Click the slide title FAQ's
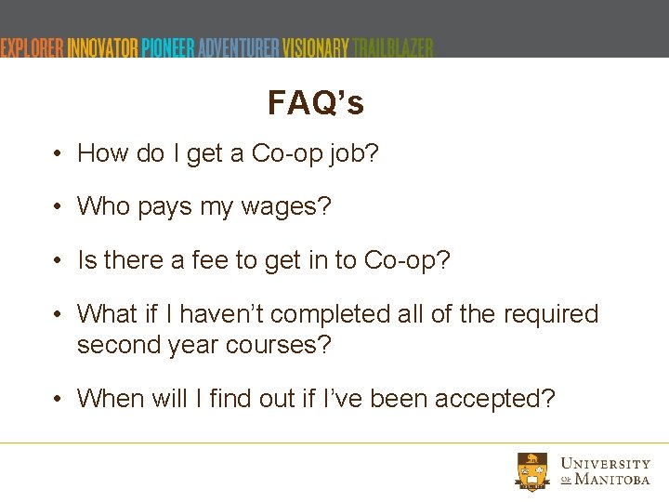click(315, 103)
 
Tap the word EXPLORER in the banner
click(33, 47)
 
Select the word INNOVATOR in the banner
click(103, 47)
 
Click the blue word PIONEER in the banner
click(168, 47)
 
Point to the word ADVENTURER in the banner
click(238, 47)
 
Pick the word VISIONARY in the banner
click(316, 47)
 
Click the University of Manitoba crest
click(533, 471)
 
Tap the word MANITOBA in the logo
click(612, 480)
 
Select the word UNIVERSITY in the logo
click(606, 463)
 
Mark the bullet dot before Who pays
click(58, 206)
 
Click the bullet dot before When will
click(58, 399)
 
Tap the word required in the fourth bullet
click(550, 314)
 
